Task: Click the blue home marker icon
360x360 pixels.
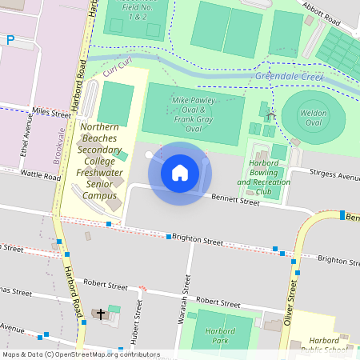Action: click(180, 173)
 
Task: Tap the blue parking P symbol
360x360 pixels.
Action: click(10, 39)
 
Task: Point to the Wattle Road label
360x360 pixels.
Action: click(41, 174)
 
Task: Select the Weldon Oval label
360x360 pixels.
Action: click(314, 118)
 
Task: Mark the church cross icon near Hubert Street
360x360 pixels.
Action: click(102, 313)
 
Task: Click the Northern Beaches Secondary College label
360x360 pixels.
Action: click(101, 161)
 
